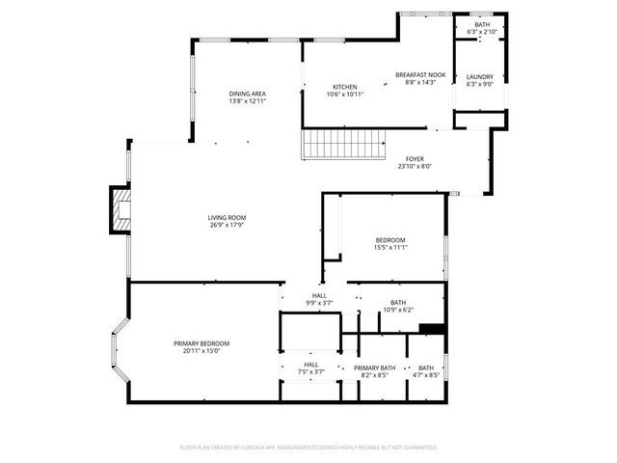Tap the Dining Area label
[x=247, y=94]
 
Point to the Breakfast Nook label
[x=420, y=74]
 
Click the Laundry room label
[x=480, y=77]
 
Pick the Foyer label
[x=415, y=159]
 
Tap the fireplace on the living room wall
[x=119, y=210]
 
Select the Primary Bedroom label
[x=201, y=343]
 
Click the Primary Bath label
[x=374, y=368]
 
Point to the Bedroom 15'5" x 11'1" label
[x=390, y=240]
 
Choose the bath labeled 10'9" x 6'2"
[x=397, y=302]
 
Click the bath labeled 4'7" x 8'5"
[x=426, y=368]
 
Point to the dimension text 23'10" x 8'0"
[x=415, y=166]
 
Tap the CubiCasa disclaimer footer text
[x=308, y=448]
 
